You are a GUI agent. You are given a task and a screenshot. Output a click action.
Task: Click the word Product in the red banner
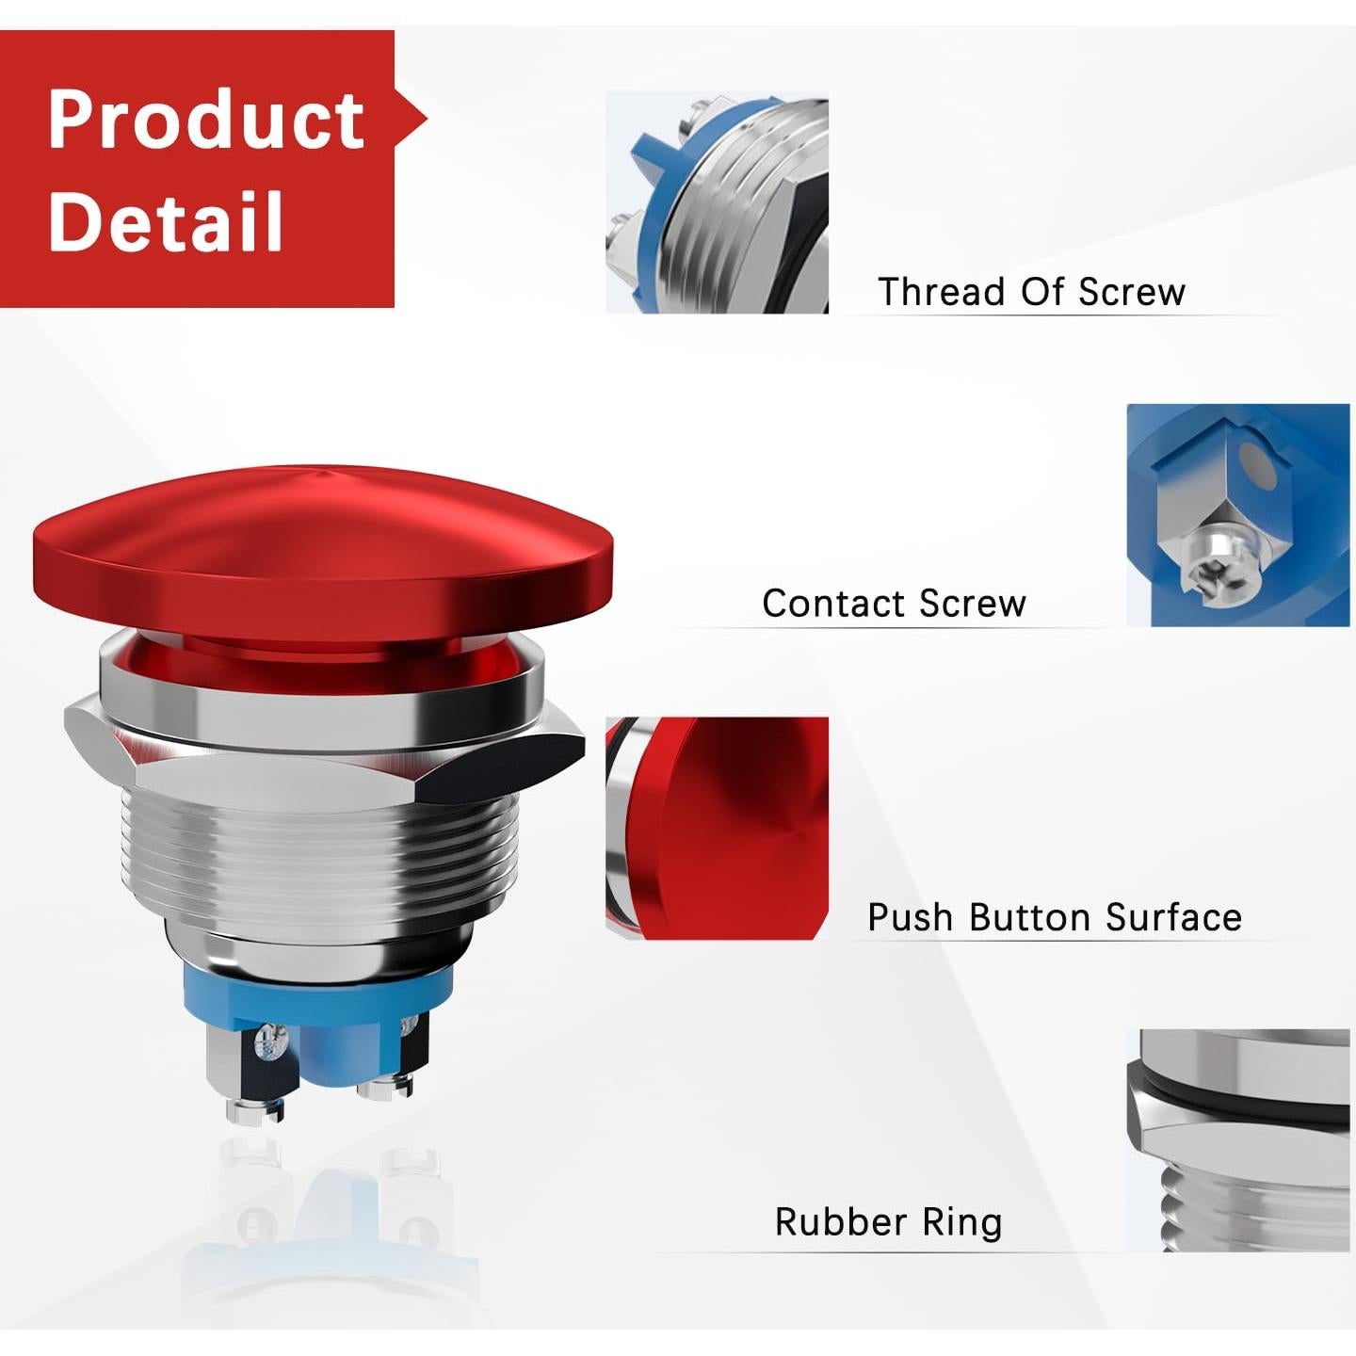coord(205,121)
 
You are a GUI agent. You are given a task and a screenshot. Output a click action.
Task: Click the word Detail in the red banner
coord(166,221)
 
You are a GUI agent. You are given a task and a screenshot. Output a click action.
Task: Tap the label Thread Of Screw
coord(1031,292)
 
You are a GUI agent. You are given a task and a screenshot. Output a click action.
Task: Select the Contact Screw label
coord(894,604)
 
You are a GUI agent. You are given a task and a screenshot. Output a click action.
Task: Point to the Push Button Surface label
coord(1054,917)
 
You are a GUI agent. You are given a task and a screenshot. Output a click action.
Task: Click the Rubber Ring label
coord(888,1222)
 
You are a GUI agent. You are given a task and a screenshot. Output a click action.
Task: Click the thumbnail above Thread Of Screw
coord(717,202)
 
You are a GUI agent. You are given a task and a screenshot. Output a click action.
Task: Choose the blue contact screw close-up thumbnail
coord(1237,515)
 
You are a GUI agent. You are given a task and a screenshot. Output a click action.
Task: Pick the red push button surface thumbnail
coord(717,828)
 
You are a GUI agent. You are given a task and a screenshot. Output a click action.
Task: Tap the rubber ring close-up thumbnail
coord(1237,1140)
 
